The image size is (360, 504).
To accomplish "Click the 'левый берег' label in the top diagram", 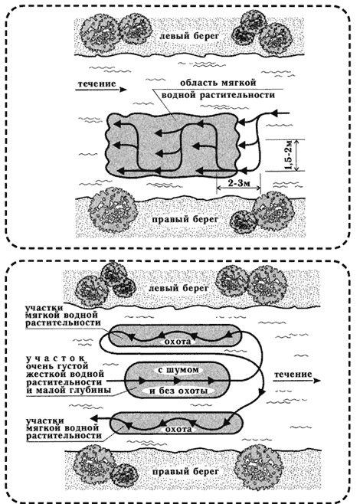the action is click(190, 36).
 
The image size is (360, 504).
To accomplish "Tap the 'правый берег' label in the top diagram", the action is click(185, 220).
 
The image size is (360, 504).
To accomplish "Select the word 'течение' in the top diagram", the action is click(97, 84).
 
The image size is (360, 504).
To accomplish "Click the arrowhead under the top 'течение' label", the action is click(123, 90).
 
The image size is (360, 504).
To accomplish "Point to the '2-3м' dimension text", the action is click(238, 183).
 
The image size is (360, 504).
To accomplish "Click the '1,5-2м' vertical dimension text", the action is click(288, 155).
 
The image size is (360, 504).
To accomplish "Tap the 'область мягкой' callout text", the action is click(218, 83).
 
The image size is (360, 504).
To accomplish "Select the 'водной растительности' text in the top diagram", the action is click(218, 95).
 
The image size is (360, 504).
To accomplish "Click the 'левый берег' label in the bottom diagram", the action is click(178, 288).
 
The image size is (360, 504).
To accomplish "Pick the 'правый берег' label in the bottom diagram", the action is click(185, 472).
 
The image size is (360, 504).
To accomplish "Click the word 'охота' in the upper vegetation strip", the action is click(178, 341).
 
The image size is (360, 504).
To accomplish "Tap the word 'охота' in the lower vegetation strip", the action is click(178, 429).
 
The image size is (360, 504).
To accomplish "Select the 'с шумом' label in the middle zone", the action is click(178, 370).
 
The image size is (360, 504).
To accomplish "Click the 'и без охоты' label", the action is click(178, 391).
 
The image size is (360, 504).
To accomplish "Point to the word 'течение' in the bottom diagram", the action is click(293, 374).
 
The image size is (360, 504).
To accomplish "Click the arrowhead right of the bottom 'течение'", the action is click(317, 381).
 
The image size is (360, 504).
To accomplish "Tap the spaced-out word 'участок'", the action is click(56, 358).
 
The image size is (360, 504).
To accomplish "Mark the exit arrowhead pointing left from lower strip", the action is click(93, 418).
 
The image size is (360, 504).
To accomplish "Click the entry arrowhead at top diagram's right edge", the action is click(274, 113).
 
